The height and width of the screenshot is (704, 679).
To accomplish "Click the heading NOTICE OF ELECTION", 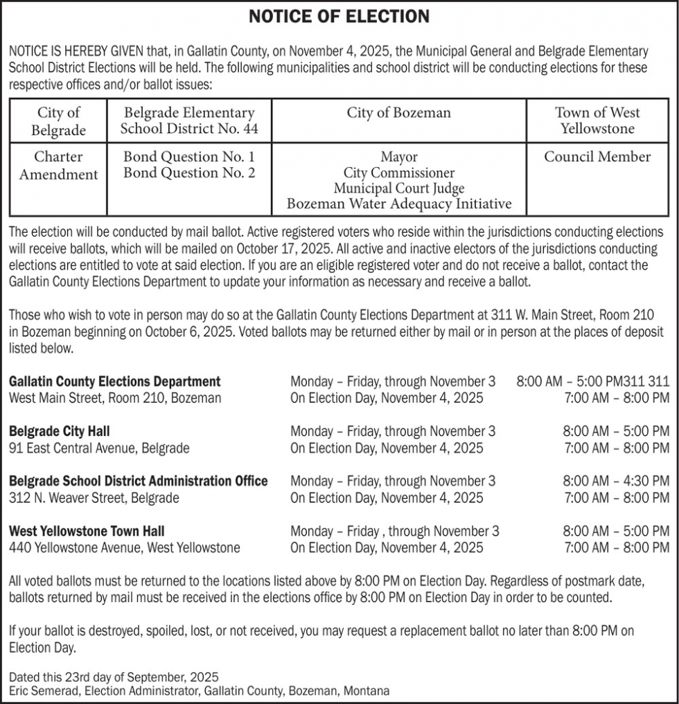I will click(x=339, y=17).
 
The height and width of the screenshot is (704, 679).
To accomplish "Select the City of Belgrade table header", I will click(x=59, y=121).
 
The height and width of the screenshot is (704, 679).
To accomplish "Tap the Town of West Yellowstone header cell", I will click(x=597, y=121).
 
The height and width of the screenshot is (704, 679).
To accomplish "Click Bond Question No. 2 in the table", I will click(x=189, y=173).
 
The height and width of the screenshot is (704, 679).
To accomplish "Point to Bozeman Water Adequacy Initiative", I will click(x=399, y=204).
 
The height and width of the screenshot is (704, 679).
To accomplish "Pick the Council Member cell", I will click(x=597, y=157).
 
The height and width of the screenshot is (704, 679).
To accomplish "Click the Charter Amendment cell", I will click(x=59, y=166).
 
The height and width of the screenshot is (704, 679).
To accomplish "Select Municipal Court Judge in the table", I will click(x=399, y=188).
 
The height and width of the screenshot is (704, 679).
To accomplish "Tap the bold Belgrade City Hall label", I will click(x=60, y=432).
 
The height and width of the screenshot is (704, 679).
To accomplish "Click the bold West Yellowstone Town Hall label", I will click(x=87, y=531).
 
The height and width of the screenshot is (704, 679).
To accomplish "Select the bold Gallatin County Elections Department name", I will click(x=115, y=381).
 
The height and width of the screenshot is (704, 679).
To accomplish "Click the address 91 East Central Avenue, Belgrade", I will click(x=99, y=448).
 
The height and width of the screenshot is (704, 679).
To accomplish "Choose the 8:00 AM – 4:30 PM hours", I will click(x=616, y=481).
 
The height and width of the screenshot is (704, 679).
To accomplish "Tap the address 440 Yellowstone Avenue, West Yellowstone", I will click(x=125, y=548).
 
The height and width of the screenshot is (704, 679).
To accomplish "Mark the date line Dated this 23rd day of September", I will click(x=114, y=677).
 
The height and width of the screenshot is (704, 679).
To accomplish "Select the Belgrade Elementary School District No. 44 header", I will click(x=189, y=121).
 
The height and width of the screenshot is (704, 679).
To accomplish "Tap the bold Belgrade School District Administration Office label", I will click(x=139, y=481).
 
